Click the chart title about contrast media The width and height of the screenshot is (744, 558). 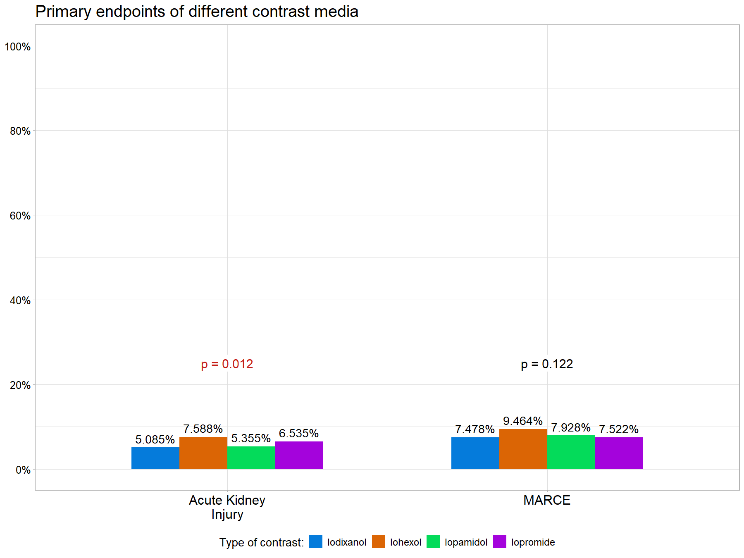[x=197, y=12]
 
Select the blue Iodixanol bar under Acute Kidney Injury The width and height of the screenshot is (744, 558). [x=155, y=458]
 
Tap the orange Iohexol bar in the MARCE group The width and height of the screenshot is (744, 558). [x=523, y=449]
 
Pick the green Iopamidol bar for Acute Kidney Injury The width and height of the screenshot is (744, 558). [x=251, y=458]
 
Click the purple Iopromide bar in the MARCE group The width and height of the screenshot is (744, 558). [x=619, y=453]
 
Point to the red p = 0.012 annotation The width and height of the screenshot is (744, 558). [x=227, y=364]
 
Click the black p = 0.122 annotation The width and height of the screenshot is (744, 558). [x=547, y=364]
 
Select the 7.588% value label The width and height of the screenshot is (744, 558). [x=203, y=429]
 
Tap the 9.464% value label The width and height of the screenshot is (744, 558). [x=523, y=421]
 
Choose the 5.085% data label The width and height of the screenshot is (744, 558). [x=155, y=439]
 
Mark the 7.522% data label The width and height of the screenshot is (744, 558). [x=619, y=429]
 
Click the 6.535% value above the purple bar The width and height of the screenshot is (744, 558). [x=299, y=433]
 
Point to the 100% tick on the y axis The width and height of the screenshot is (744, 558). [x=18, y=47]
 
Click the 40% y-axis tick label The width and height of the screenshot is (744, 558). [x=20, y=300]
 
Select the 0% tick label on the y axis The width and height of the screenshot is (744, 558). [x=23, y=470]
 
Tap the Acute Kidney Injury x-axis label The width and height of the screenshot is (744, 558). [x=227, y=507]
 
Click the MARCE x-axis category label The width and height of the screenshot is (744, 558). [x=547, y=500]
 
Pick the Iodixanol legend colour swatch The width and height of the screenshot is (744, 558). [x=316, y=541]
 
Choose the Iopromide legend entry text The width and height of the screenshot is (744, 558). [x=533, y=542]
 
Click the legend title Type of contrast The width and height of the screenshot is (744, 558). [x=261, y=542]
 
